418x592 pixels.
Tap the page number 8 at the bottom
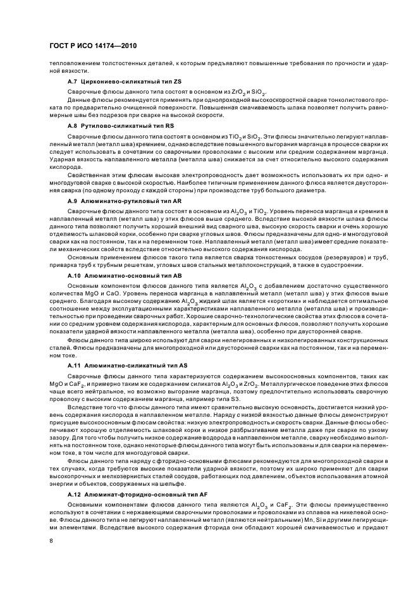click(x=52, y=541)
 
